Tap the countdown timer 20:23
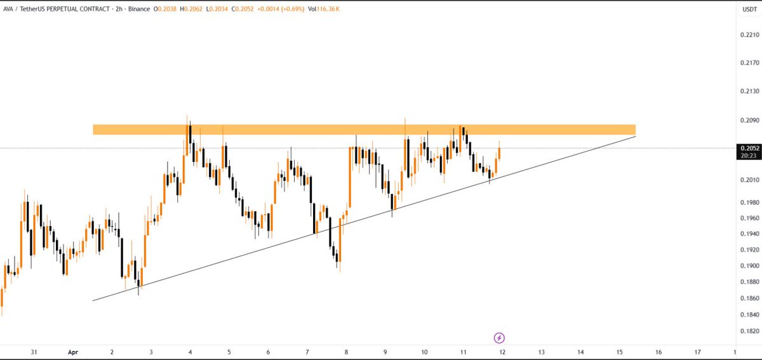coord(746,155)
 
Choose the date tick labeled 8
coord(346,351)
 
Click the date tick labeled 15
coord(619,351)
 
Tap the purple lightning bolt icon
coord(499,337)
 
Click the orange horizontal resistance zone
coord(364,130)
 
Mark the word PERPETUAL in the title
coord(72,8)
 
